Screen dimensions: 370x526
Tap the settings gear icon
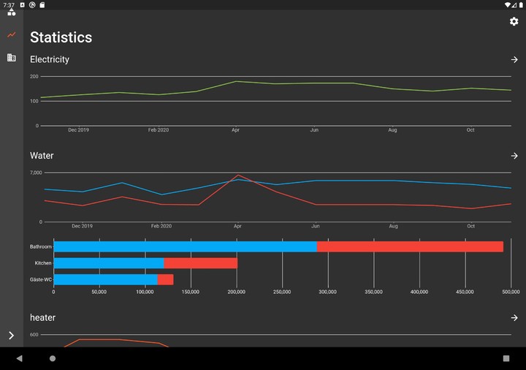click(514, 21)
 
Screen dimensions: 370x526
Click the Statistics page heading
click(61, 37)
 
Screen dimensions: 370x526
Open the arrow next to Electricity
click(514, 59)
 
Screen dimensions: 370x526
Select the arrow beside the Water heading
click(514, 156)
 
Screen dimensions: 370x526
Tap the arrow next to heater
click(514, 318)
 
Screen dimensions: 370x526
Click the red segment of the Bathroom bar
click(410, 246)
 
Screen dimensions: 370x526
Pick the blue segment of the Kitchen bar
click(108, 263)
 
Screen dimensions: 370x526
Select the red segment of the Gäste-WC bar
click(166, 279)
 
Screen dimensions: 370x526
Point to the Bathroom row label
click(41, 247)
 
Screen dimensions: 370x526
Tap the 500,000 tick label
click(511, 292)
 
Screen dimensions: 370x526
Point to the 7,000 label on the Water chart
click(36, 173)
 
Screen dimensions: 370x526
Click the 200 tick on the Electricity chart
click(34, 76)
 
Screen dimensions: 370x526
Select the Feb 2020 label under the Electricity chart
click(159, 130)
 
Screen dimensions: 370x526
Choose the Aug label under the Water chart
click(393, 227)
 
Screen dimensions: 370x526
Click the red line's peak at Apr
click(237, 175)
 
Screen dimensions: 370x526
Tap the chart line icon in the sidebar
click(12, 35)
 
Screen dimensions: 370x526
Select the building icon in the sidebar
click(12, 57)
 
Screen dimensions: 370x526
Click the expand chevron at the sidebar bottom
click(11, 336)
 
